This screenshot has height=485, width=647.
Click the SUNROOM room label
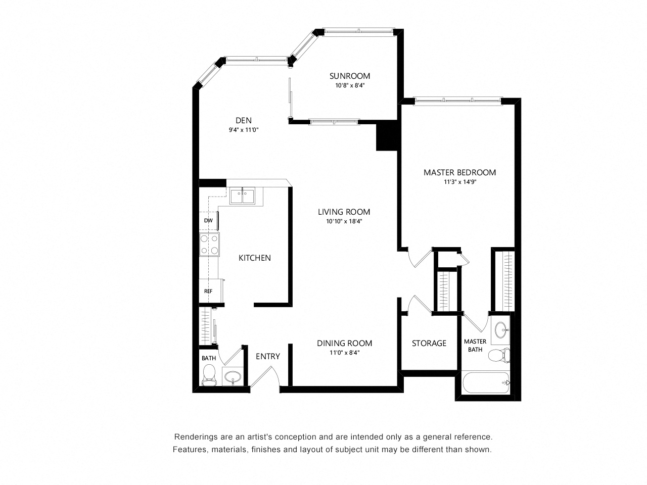coord(349,76)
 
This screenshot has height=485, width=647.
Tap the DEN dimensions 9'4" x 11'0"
coord(244,129)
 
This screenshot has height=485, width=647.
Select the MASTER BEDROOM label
coord(459,172)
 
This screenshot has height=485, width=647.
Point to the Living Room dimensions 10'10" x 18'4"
coord(344,221)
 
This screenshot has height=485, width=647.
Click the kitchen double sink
coord(242,195)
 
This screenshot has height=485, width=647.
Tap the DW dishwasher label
coord(208,220)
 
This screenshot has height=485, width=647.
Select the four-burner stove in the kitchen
coord(209,244)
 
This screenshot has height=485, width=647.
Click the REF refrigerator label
coord(208,291)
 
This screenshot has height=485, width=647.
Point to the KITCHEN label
coord(254,258)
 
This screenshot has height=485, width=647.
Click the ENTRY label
coord(267,356)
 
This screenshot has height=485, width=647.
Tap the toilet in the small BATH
coord(209,375)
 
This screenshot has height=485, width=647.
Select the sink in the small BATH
coord(233,376)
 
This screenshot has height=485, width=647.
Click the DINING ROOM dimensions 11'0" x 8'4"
coord(344,353)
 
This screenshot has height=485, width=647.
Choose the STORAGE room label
coord(429,343)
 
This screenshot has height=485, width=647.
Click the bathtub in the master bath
coord(485,382)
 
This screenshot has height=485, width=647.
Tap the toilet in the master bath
coord(499,355)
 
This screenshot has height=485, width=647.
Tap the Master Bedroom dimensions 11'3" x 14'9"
coord(460,182)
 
